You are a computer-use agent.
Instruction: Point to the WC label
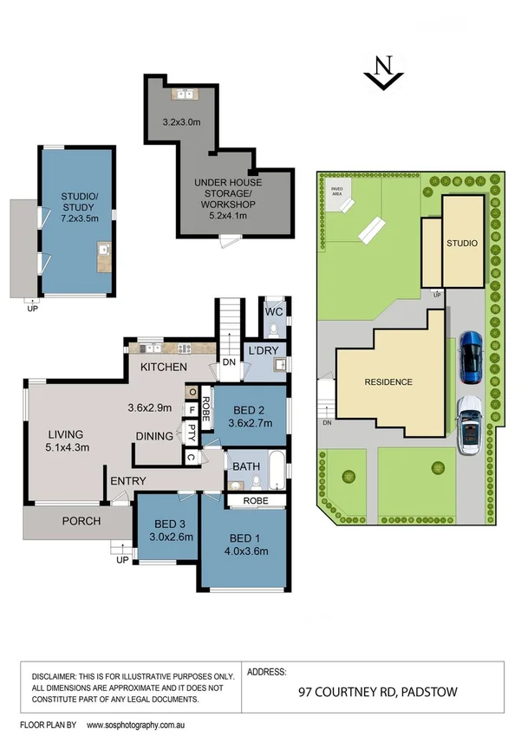[274, 311]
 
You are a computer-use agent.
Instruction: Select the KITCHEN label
[166, 368]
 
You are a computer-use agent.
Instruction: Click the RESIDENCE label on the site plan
[387, 382]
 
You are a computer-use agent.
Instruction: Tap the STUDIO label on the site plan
[461, 244]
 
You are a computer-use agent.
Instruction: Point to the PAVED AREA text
[335, 192]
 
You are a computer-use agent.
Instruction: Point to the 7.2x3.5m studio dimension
[75, 197]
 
